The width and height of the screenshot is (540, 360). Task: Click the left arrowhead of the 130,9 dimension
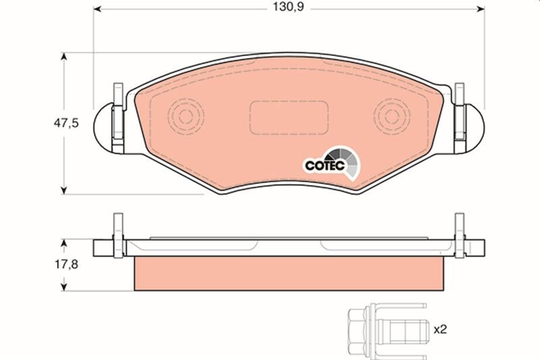(97, 10)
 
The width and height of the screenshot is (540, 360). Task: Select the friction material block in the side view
(289, 274)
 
